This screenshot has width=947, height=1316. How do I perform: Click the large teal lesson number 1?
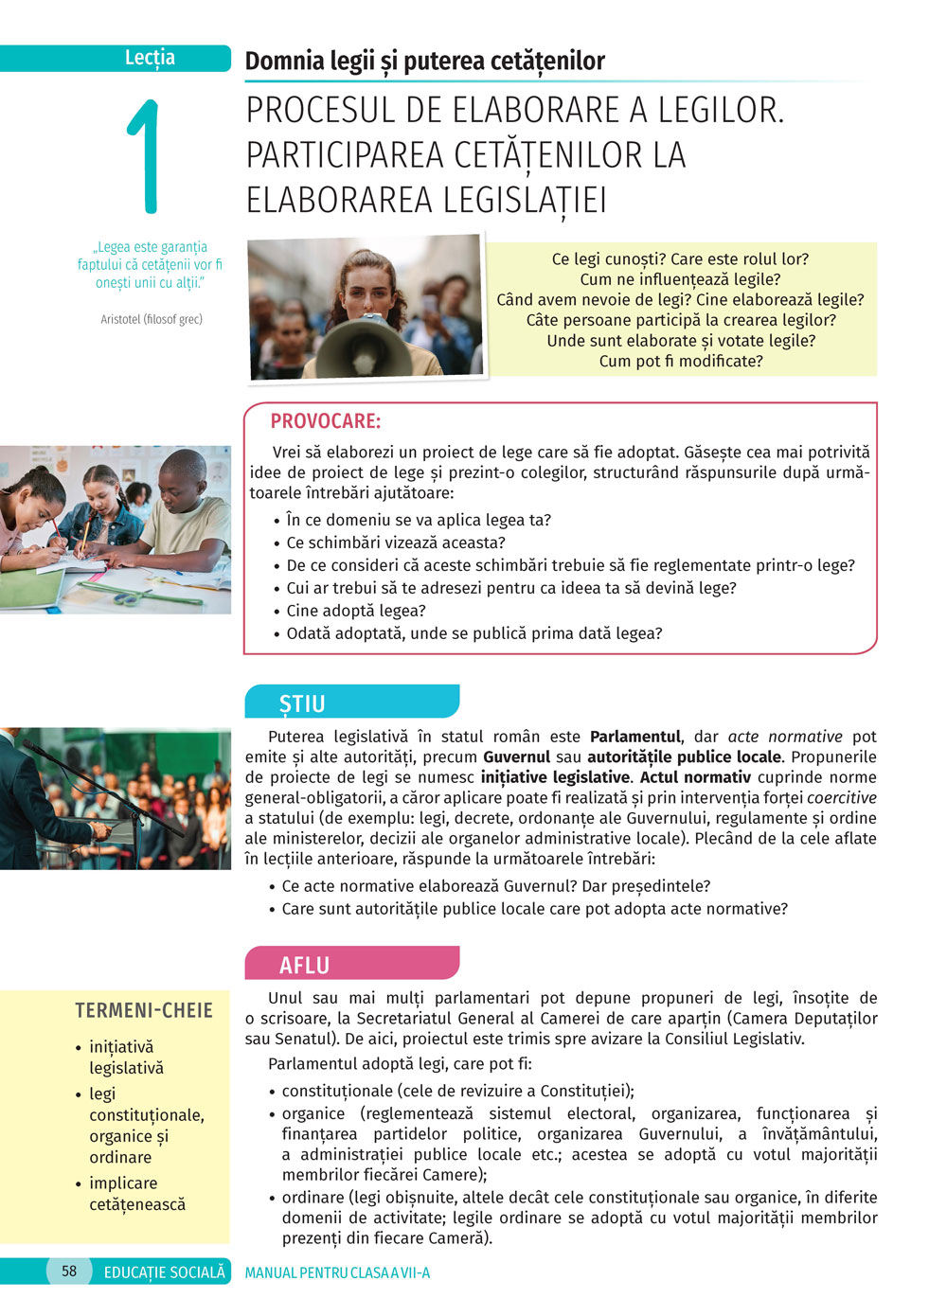coord(144,156)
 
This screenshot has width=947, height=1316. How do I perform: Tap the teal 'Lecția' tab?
coord(150,58)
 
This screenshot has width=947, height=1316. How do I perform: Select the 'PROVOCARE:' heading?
coord(325,421)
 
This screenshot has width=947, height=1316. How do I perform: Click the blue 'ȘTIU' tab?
coord(302,703)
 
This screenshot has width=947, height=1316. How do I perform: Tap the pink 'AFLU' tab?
coord(304,965)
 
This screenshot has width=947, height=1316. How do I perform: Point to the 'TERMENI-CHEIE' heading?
coord(144,1010)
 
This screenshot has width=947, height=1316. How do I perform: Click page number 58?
coord(69,1272)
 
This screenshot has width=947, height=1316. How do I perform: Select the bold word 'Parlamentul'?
coord(634,737)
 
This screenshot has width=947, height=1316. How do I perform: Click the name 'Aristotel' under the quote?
coord(120,319)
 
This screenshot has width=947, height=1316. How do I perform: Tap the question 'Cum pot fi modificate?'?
coord(680,361)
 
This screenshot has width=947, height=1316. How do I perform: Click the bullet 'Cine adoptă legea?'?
coord(356,611)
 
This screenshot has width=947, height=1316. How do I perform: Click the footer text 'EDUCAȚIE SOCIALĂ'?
coord(165,1272)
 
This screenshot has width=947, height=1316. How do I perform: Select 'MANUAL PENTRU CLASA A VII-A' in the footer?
coord(337,1272)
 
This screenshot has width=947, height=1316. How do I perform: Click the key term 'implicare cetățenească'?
coord(137,1194)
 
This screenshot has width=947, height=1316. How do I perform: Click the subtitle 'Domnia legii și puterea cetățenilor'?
coord(424,62)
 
